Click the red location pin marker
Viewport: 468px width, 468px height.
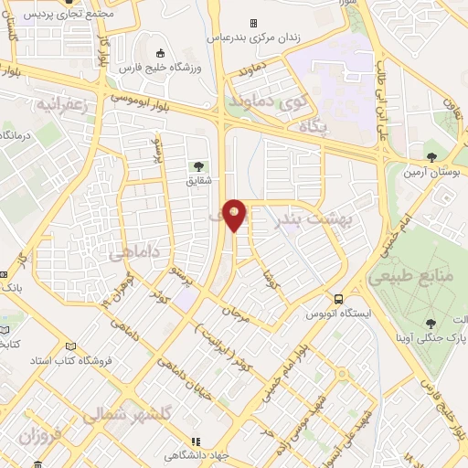tap(236, 214)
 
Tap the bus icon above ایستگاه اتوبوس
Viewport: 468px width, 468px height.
tap(339, 299)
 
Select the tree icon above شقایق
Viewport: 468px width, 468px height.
tap(197, 166)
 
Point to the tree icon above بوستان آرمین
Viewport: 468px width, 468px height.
tap(431, 155)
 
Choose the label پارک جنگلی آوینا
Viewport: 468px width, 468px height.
tap(430, 339)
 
